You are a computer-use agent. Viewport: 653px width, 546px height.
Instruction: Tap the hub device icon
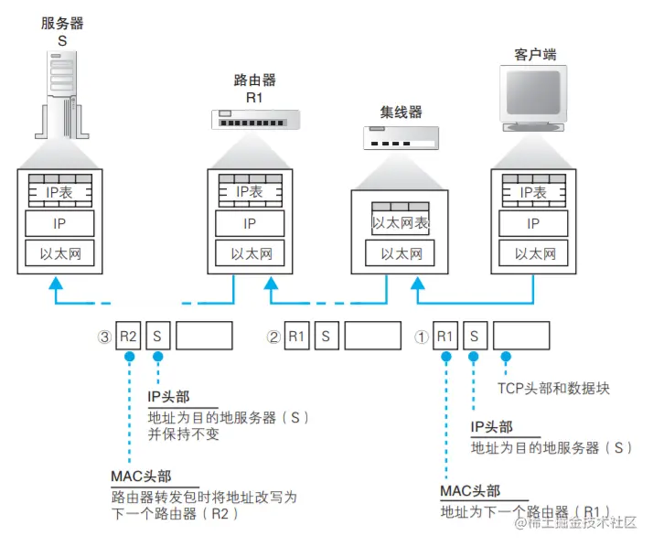click(401, 138)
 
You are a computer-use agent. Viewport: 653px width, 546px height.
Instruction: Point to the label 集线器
click(401, 112)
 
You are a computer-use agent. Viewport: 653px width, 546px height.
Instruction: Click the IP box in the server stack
click(61, 223)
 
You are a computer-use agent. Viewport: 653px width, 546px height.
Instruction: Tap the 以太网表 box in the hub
click(400, 223)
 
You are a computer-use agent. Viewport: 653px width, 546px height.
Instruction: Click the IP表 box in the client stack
click(533, 192)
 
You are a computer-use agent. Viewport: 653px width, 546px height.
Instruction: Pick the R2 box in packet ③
click(128, 336)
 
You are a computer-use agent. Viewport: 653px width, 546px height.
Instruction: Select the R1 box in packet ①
click(444, 336)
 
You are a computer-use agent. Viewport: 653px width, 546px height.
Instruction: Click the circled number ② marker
click(273, 337)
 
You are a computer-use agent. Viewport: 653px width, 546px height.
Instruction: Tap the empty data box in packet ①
click(521, 336)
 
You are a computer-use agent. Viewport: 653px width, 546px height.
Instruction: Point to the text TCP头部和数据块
click(553, 388)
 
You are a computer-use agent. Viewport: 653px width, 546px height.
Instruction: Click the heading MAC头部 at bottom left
click(140, 476)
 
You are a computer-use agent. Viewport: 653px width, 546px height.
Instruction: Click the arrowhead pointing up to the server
click(54, 286)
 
